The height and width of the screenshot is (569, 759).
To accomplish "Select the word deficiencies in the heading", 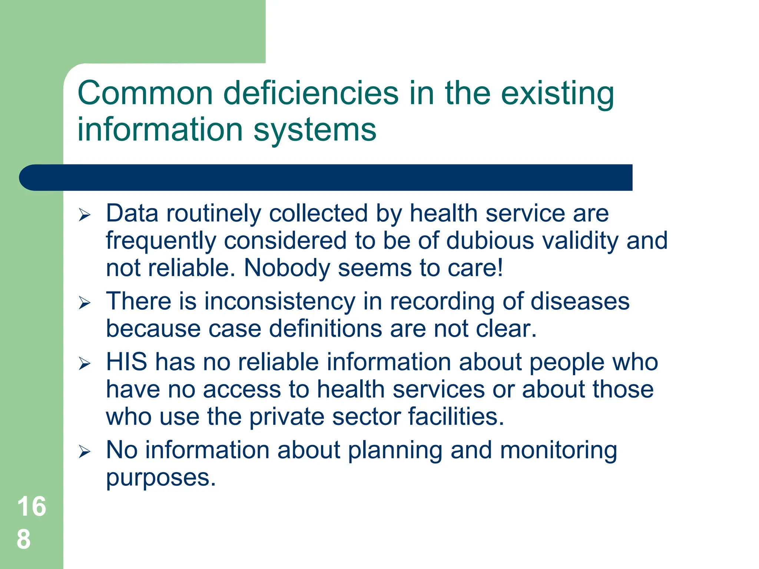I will click(x=311, y=93).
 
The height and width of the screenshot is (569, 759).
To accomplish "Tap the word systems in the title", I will click(x=315, y=130).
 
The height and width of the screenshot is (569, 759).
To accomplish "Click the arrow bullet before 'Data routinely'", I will click(x=84, y=215).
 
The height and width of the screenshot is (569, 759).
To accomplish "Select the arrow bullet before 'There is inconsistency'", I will click(x=84, y=303).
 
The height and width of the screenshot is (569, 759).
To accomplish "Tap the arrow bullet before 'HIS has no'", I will click(x=84, y=363).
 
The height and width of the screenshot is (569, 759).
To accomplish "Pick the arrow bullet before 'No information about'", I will click(x=84, y=452).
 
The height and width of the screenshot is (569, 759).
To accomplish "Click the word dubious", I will click(x=490, y=241).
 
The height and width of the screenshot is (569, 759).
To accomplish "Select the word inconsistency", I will click(x=280, y=301).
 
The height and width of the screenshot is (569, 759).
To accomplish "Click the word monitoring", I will click(x=558, y=450).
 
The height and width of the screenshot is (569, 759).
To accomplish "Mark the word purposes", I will click(x=160, y=478).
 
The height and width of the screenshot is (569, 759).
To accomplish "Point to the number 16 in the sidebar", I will click(x=32, y=506).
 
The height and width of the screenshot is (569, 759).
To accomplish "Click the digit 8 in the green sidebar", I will click(x=24, y=539).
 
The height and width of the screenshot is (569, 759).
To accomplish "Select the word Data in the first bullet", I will click(x=132, y=213).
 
